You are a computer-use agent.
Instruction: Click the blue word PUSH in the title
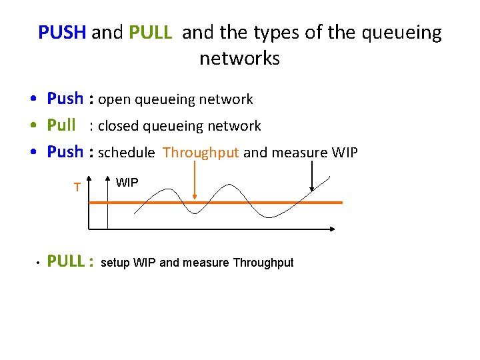click(63, 33)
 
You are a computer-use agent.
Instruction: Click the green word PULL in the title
click(153, 33)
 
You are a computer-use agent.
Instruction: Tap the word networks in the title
click(239, 59)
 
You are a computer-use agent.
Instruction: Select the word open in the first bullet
click(114, 100)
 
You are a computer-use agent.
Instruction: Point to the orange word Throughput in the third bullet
click(201, 153)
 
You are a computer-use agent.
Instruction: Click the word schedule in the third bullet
click(127, 153)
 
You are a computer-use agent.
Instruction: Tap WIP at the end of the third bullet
click(344, 153)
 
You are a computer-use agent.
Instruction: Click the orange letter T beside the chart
click(77, 187)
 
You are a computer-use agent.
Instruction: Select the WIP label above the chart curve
click(127, 182)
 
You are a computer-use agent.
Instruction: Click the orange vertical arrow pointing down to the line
click(194, 180)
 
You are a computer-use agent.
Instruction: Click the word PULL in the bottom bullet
click(66, 261)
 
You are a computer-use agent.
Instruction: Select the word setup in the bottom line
click(115, 263)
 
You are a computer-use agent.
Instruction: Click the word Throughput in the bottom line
click(263, 263)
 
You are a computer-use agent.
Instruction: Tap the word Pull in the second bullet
click(61, 125)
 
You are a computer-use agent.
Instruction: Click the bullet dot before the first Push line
click(33, 100)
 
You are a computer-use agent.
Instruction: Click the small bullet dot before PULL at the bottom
click(39, 263)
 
